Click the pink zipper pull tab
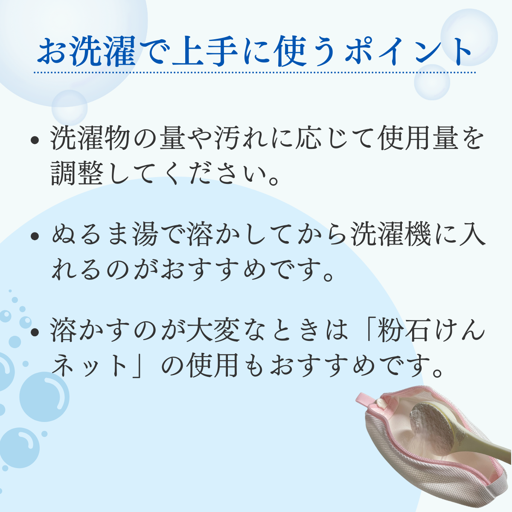[x=370, y=401]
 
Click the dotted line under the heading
[x=255, y=72]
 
